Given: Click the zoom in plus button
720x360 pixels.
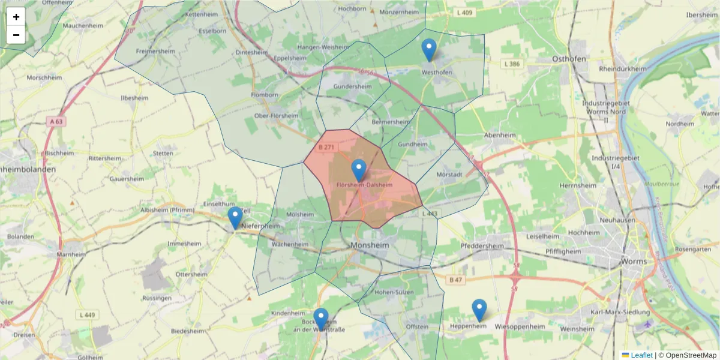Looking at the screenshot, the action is tap(16, 17).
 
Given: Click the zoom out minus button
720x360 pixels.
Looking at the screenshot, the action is tap(16, 35).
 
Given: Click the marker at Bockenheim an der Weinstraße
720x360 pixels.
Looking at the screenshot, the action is tap(321, 319).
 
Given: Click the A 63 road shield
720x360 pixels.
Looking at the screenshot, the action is tap(56, 121).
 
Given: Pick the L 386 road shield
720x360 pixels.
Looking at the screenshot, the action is tap(512, 64).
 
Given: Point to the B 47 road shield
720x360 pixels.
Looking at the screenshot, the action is tap(455, 280).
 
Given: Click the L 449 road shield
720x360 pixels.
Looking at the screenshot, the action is tap(88, 315).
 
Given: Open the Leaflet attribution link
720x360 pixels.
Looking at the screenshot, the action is tap(641, 355).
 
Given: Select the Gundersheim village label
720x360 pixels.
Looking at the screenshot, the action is tap(353, 86).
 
